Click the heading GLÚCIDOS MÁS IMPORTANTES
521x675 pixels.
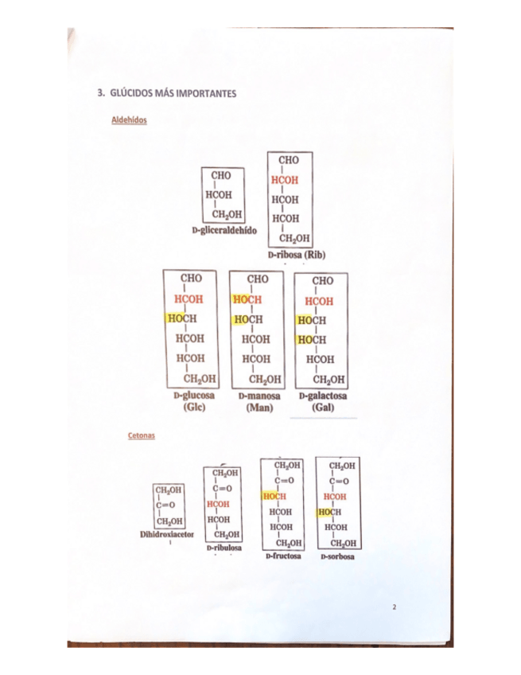[x=172, y=93]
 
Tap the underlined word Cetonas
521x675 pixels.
[x=141, y=436]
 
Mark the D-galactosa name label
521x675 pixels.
[x=323, y=396]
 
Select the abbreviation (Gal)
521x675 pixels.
[x=323, y=408]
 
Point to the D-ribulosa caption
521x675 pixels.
[x=224, y=548]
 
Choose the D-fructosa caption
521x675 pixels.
[x=283, y=556]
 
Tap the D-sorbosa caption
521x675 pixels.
[x=338, y=556]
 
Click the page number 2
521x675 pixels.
[x=394, y=607]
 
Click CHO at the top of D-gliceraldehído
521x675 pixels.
[x=221, y=175]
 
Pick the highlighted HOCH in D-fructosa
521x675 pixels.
[x=275, y=496]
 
